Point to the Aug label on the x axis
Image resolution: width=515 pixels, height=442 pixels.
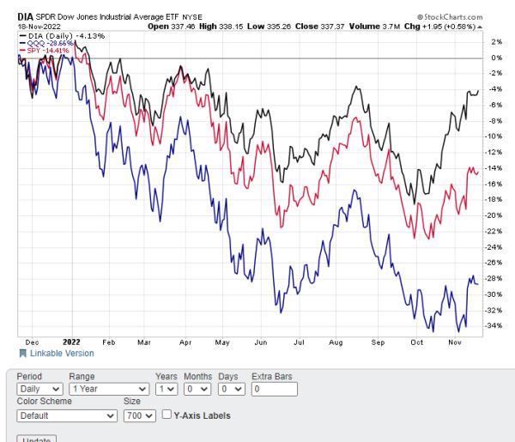[x=336, y=342]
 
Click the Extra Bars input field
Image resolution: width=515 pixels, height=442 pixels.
[x=274, y=389]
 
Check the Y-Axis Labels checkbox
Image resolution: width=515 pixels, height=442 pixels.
[x=167, y=416]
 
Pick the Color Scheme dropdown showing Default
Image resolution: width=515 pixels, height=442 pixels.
[x=66, y=416]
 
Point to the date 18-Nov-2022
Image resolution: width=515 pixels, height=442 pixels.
[x=34, y=26]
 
